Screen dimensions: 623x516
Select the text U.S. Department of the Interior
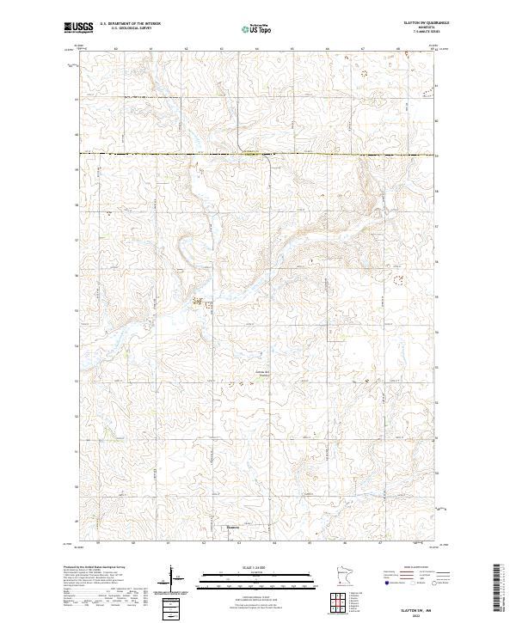tap(131, 25)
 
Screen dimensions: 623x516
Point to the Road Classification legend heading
tap(412, 568)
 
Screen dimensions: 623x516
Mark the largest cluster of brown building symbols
tap(200, 302)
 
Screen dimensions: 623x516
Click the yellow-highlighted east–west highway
tap(172, 154)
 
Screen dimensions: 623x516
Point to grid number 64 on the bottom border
tap(274, 544)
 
